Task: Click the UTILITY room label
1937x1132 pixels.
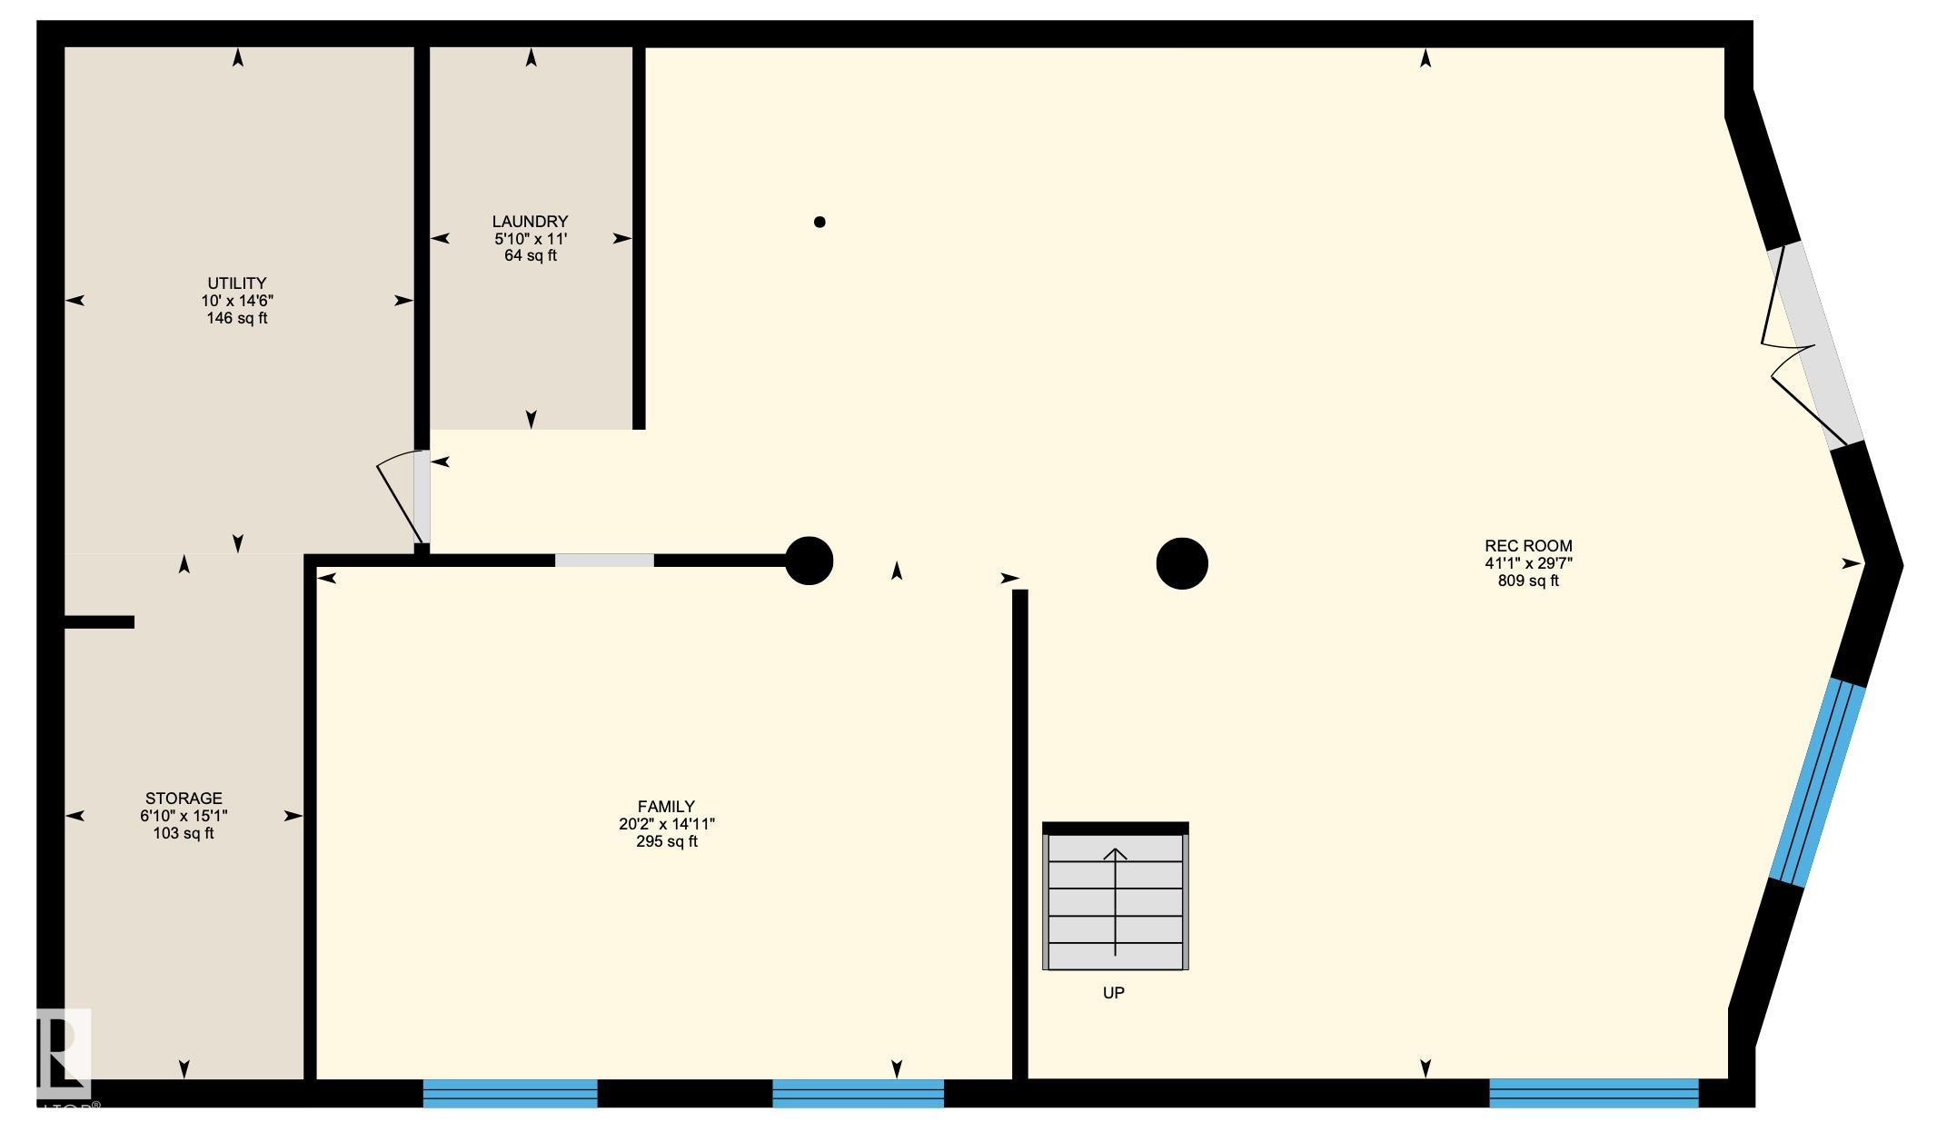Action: click(236, 283)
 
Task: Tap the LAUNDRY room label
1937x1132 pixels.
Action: click(530, 222)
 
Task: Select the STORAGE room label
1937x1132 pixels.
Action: click(184, 799)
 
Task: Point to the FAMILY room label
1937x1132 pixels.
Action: click(666, 807)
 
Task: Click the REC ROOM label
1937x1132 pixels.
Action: click(1528, 546)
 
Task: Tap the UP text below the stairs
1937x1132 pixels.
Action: click(1113, 993)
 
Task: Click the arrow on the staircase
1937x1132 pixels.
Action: click(1115, 899)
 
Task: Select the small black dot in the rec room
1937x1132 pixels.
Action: click(819, 222)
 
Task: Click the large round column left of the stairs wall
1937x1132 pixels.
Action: click(809, 561)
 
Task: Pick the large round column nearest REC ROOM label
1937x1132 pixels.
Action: click(1181, 563)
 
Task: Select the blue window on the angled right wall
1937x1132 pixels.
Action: click(1816, 783)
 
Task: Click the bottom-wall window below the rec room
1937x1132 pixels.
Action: click(1593, 1092)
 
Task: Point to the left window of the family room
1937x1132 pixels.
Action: click(510, 1093)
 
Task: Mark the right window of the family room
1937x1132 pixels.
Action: click(858, 1093)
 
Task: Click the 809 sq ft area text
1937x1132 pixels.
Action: click(1528, 581)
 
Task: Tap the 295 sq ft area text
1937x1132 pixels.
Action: click(666, 841)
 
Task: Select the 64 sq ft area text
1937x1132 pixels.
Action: click(530, 256)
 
